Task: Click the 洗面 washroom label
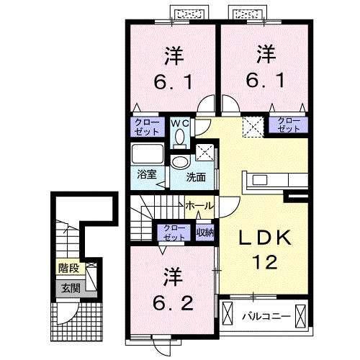click(x=196, y=176)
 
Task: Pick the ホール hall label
click(x=199, y=206)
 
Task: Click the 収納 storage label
click(x=204, y=232)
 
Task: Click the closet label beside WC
click(x=146, y=127)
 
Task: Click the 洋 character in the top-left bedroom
click(x=172, y=54)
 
